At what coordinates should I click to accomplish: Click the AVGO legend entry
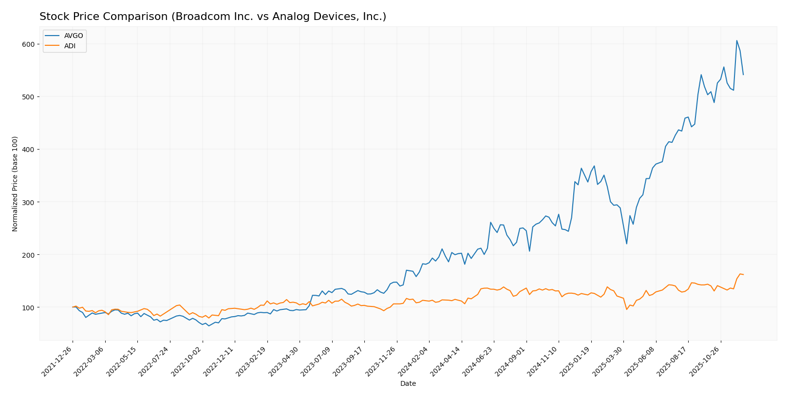point(74,36)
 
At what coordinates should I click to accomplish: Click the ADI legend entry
point(70,46)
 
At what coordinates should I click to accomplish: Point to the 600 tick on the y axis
point(28,44)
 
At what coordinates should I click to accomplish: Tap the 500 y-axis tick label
point(28,97)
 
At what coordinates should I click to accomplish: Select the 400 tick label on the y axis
point(28,150)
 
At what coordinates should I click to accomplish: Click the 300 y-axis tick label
point(28,202)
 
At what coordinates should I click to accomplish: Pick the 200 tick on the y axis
point(28,255)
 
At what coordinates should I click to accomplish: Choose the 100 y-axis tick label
point(28,307)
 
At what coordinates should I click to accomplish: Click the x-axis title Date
point(408,384)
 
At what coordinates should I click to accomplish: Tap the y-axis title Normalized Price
point(15,184)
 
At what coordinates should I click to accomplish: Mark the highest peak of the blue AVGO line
point(736,40)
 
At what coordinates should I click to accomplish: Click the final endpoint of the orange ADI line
point(743,274)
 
